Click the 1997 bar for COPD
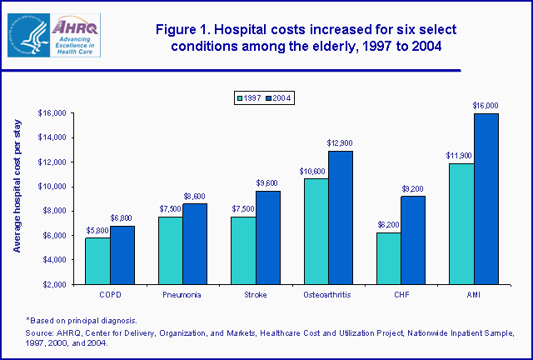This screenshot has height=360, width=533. pos(97,261)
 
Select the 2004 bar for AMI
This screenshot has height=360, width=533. pos(486,199)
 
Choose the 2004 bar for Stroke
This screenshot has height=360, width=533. pos(266,237)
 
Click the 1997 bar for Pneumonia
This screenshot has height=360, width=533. pos(170,250)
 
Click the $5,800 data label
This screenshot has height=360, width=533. pos(97,230)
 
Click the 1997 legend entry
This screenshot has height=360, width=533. pos(248,97)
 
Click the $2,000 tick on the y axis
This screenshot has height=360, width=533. pos(53,284)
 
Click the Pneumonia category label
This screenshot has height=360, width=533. pos(182,295)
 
